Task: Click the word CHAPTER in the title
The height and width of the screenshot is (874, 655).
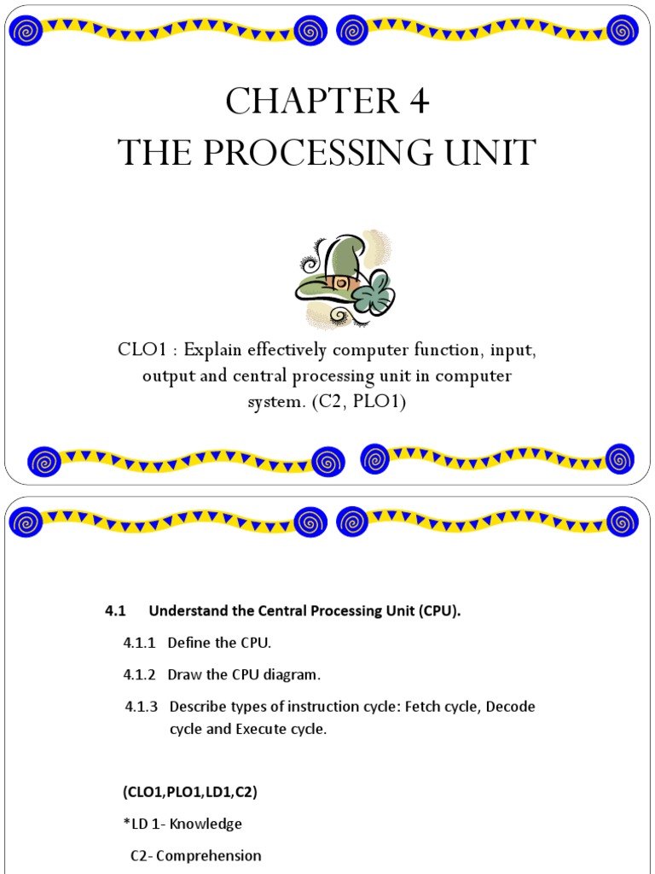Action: pos(293,102)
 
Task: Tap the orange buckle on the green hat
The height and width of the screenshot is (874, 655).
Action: pos(339,281)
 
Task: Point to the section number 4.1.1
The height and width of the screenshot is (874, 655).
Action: pos(139,642)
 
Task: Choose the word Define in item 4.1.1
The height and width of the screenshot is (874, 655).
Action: pos(188,642)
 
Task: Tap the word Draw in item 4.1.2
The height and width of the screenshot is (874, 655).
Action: pos(183,674)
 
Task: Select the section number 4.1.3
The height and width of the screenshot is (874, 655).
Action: pos(141,707)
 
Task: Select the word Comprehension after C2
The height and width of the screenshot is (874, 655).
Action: pos(213,855)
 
